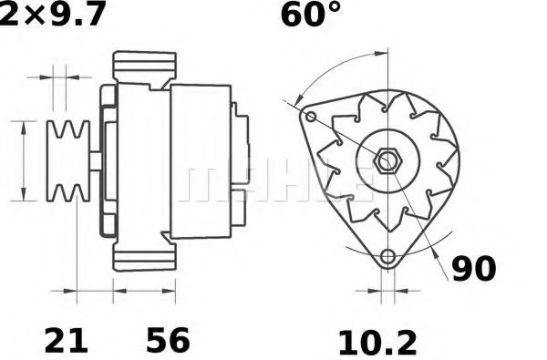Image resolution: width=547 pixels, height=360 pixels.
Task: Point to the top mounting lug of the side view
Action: click(143, 66)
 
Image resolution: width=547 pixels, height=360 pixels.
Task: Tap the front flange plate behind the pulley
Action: click(107, 160)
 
